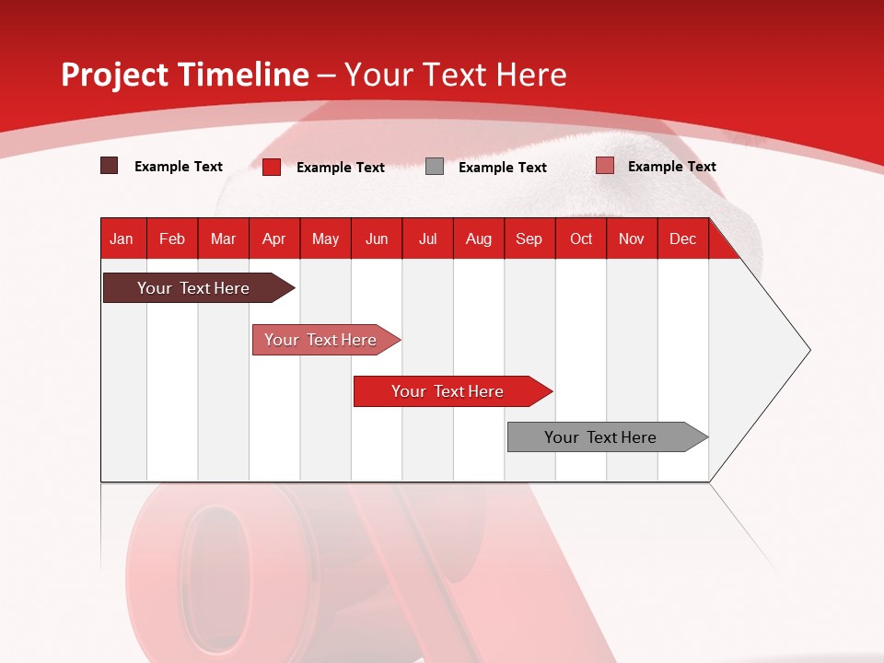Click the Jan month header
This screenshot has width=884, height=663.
point(122,239)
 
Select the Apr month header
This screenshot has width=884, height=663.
point(274,239)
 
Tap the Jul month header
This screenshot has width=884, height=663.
point(428,239)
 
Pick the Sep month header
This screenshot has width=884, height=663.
point(529,239)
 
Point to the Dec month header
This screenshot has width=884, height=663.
point(683,239)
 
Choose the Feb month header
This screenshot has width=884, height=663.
point(172,239)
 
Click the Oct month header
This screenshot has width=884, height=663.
point(581,239)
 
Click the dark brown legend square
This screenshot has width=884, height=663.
point(110,166)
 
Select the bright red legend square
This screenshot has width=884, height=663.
point(272,167)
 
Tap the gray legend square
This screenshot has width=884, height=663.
point(435,167)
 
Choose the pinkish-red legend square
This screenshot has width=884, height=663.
point(604,166)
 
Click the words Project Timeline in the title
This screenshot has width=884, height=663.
point(184,75)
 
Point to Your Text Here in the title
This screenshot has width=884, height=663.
point(455,75)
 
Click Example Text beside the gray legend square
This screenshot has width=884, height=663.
point(503,168)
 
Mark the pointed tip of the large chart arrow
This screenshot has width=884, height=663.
point(808,350)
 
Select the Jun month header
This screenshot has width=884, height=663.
point(377,239)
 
